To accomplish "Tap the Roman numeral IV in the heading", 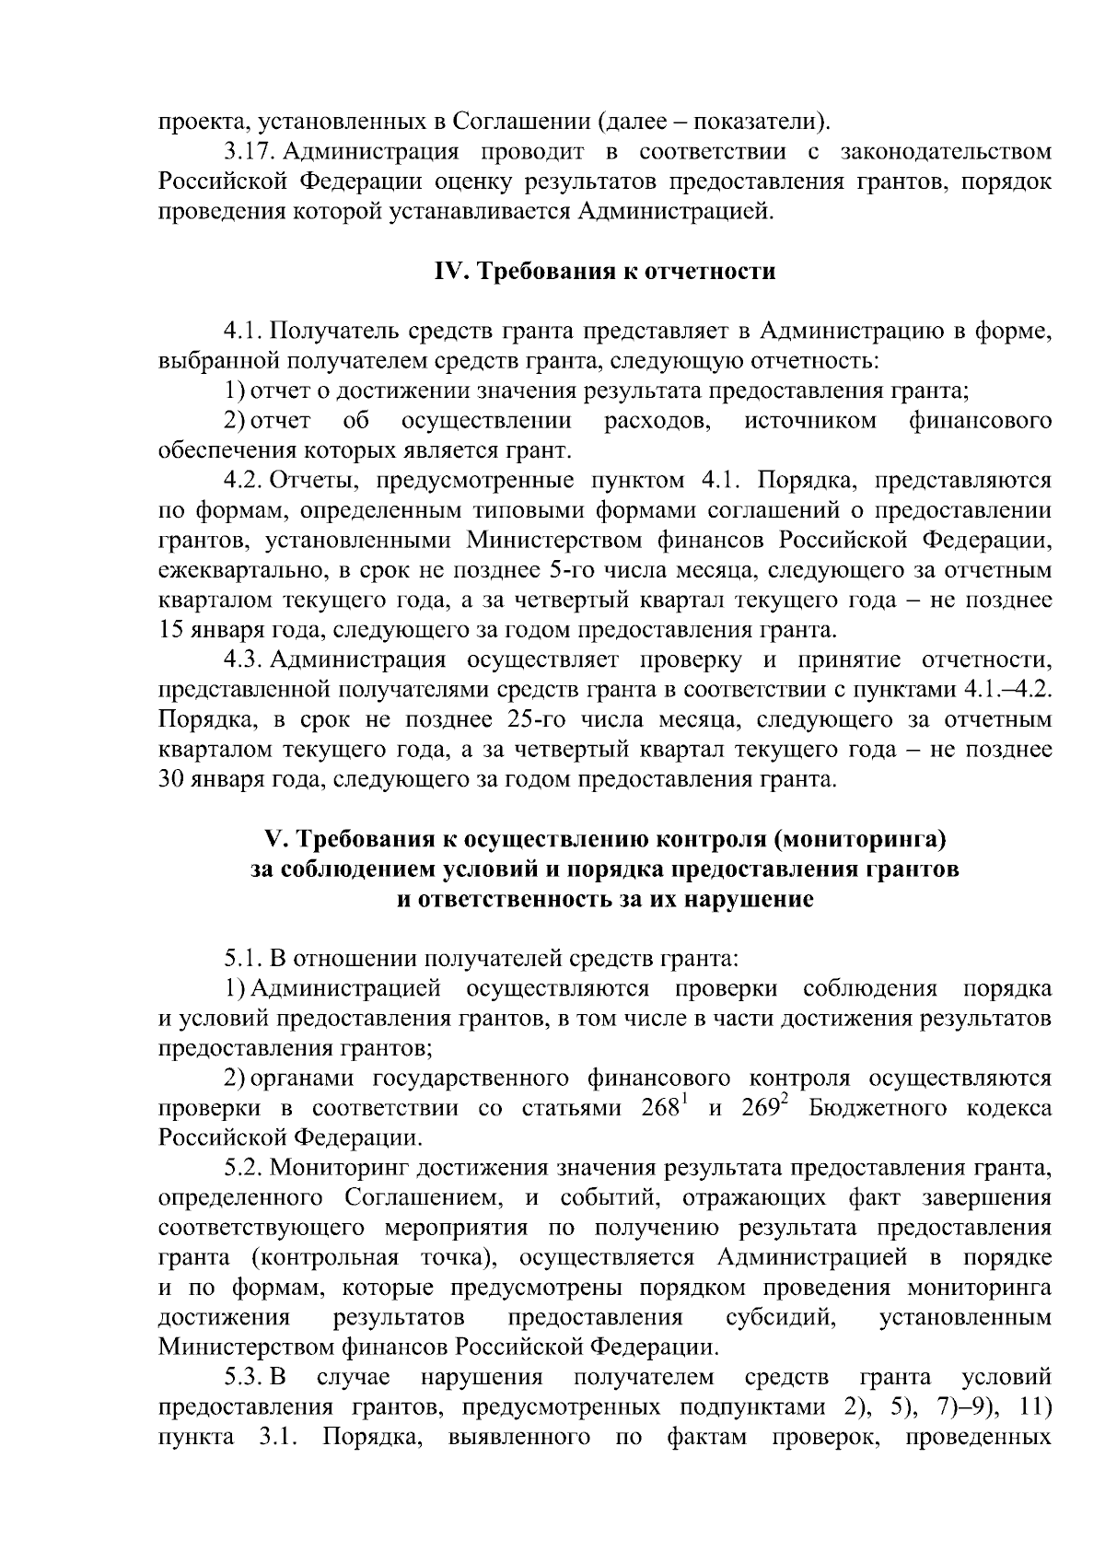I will pyautogui.click(x=449, y=273).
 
